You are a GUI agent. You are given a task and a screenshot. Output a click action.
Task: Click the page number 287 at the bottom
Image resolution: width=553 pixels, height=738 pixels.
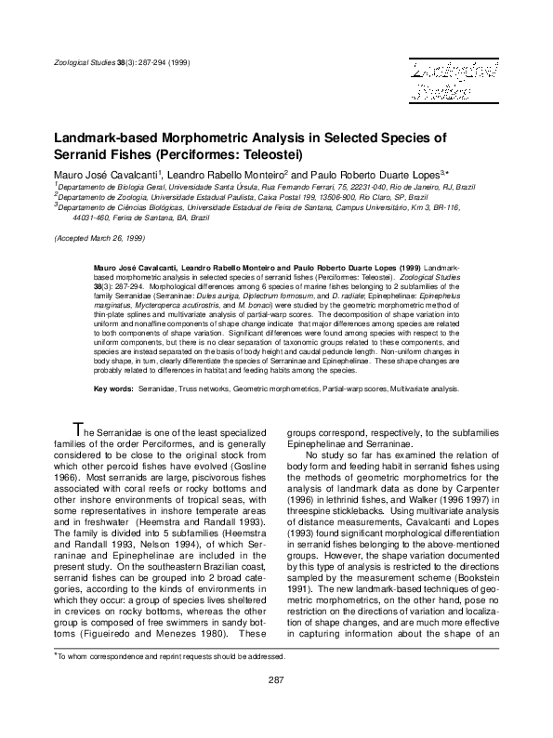tap(276, 705)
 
